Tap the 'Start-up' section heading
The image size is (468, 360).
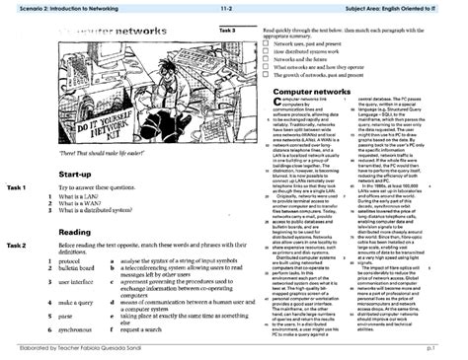[75, 176]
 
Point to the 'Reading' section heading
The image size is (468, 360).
[74, 232]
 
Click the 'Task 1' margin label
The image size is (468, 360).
[16, 187]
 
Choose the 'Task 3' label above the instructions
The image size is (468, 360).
[227, 31]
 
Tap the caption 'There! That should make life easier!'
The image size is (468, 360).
[93, 157]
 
